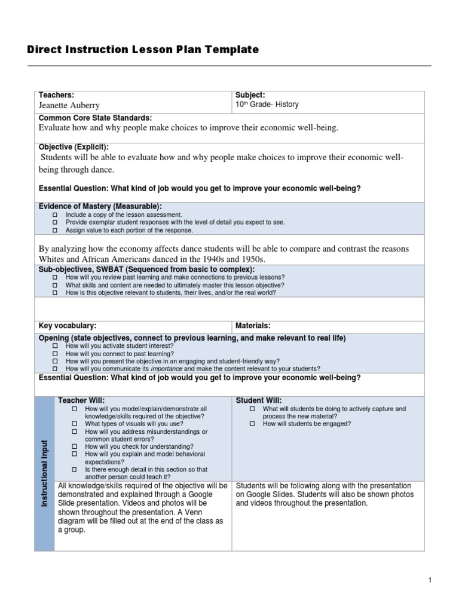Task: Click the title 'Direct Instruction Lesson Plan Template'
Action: click(x=143, y=50)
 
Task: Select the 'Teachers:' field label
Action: click(x=56, y=95)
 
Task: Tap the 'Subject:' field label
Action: click(x=250, y=95)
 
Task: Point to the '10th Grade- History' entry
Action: click(x=267, y=105)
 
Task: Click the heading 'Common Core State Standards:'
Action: click(x=95, y=118)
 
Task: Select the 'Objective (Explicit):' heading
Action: click(x=74, y=147)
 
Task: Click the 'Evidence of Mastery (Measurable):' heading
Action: click(x=100, y=206)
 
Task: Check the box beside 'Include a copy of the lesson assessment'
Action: click(x=54, y=215)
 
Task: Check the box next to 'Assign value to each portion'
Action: click(x=54, y=230)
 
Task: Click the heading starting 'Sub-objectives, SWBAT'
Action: click(x=146, y=270)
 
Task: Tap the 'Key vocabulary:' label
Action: click(x=67, y=326)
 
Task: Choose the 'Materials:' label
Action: click(x=253, y=326)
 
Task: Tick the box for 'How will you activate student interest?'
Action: click(x=54, y=346)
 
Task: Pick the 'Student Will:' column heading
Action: click(x=259, y=400)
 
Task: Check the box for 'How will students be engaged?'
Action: click(x=252, y=424)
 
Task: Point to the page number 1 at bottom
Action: click(x=429, y=580)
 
